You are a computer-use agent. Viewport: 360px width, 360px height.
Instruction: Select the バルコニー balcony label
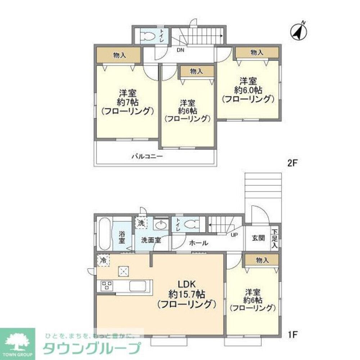(147, 157)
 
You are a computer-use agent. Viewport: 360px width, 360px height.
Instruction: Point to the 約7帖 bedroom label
(128, 102)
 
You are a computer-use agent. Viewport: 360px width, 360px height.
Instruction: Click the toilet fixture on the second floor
(148, 36)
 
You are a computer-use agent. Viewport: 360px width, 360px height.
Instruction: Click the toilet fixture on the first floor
(191, 224)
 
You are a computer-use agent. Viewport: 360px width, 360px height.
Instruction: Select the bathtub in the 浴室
(104, 234)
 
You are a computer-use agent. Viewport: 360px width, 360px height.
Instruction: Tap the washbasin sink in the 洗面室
(160, 225)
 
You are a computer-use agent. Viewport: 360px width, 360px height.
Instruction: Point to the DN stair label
(180, 50)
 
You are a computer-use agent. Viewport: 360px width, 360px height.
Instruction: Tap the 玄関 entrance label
(258, 238)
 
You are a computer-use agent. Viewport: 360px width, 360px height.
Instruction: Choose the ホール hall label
(198, 243)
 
